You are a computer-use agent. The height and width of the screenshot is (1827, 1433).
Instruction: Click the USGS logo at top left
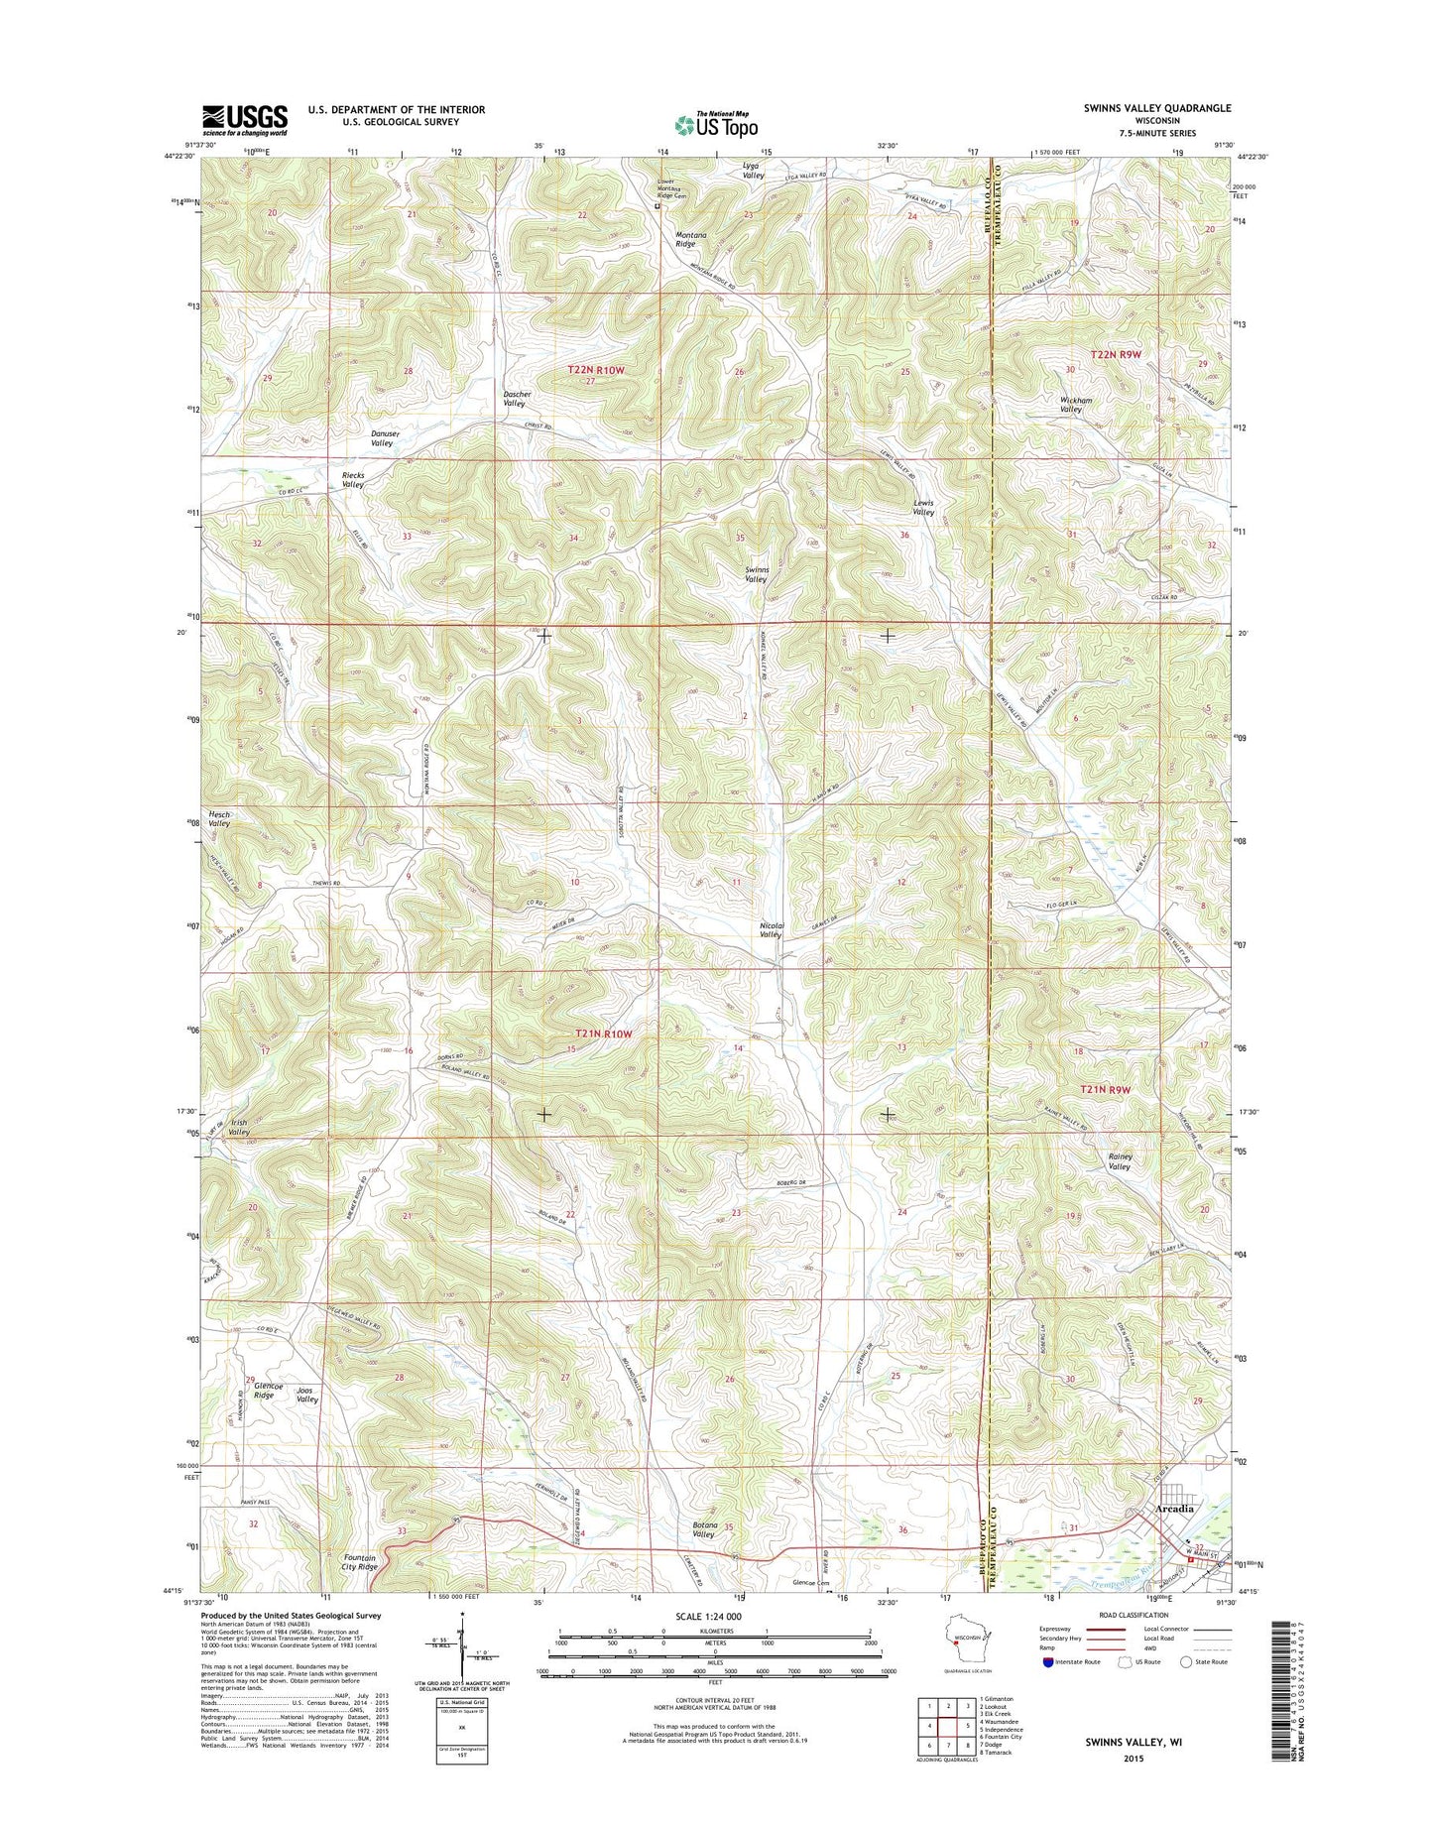point(244,120)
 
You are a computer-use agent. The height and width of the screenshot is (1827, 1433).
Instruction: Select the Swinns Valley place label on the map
point(756,574)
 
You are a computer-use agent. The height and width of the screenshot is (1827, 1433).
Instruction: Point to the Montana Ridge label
point(678,238)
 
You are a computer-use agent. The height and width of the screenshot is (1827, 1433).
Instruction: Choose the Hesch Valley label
point(219,818)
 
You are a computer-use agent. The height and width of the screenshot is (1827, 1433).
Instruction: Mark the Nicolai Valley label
point(772,929)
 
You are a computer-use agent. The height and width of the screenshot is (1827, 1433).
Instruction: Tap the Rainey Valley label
point(1119,1161)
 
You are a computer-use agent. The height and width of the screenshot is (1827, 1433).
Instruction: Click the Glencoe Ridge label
point(263,1390)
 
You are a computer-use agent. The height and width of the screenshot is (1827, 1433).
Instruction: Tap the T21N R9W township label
point(1106,1089)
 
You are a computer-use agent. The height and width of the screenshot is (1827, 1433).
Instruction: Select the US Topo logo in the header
point(715,124)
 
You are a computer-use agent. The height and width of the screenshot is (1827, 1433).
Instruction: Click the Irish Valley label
point(239,1127)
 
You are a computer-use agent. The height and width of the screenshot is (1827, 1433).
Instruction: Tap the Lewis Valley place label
point(923,507)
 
